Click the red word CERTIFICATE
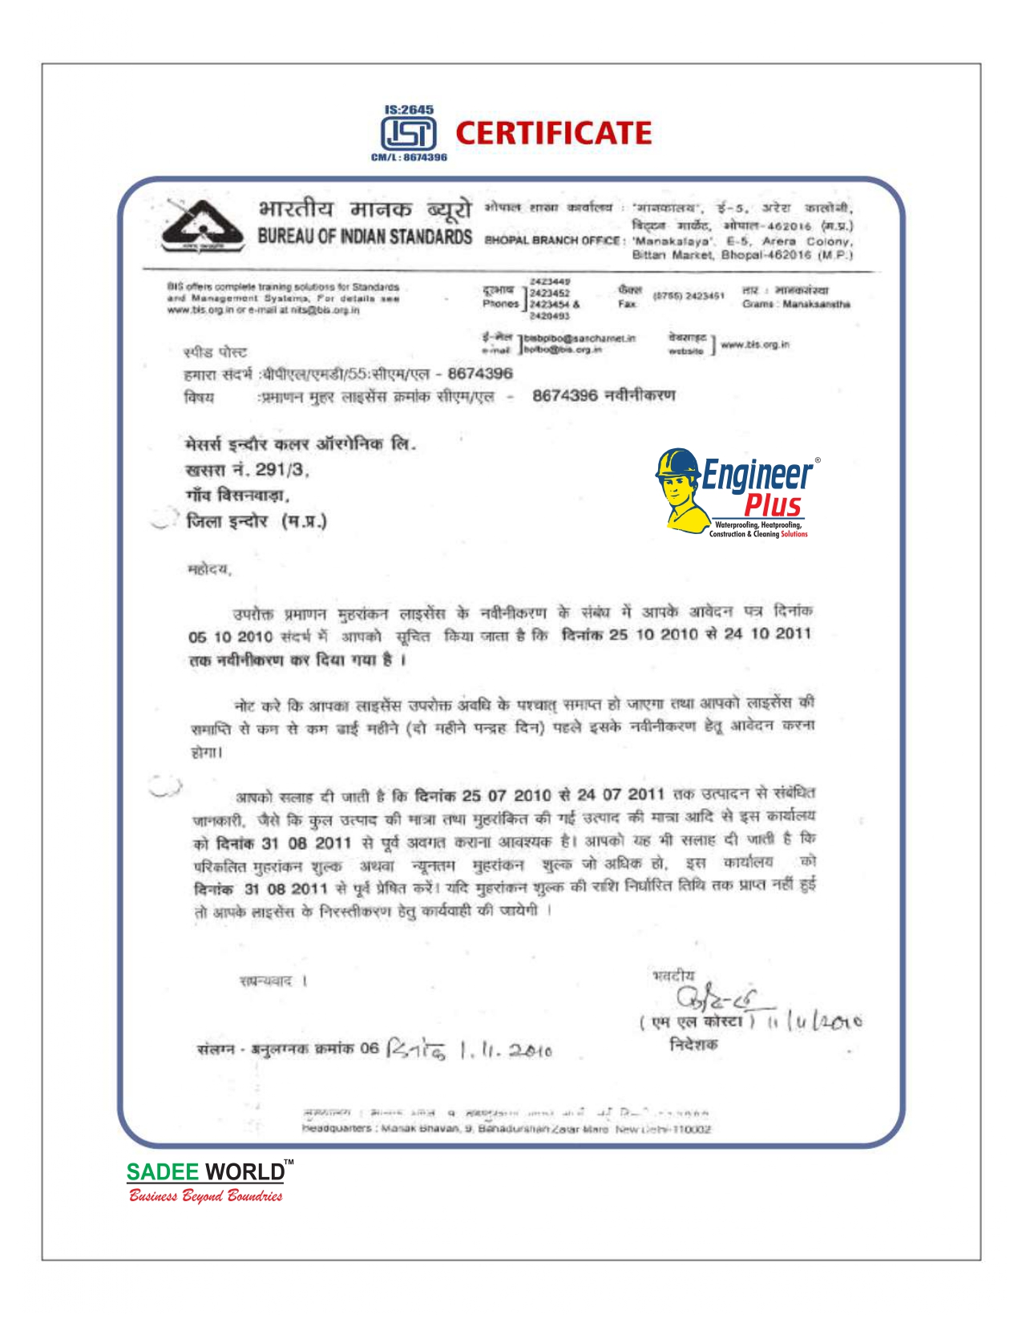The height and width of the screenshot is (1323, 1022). [x=553, y=133]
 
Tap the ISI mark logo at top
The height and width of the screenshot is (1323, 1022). [x=408, y=133]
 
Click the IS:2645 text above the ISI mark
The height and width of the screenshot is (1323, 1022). [x=409, y=109]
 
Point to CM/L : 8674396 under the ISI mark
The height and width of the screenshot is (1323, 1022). [x=409, y=157]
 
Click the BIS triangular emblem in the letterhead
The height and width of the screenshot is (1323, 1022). [x=203, y=226]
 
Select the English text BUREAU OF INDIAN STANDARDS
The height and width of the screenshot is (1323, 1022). [x=365, y=237]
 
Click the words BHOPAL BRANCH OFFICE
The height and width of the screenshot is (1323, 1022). [x=552, y=240]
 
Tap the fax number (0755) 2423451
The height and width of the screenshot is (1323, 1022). [x=689, y=296]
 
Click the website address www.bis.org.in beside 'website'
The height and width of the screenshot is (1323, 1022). [x=755, y=345]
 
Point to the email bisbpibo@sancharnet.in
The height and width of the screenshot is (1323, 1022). [x=580, y=338]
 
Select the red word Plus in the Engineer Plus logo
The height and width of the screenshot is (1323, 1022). [x=772, y=505]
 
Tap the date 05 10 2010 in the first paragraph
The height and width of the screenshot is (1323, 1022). [x=231, y=637]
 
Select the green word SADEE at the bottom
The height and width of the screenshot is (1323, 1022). [x=163, y=1171]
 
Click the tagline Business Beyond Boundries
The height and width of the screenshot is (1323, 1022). [x=206, y=1196]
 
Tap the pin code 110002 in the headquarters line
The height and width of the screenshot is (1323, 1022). [x=691, y=1129]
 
